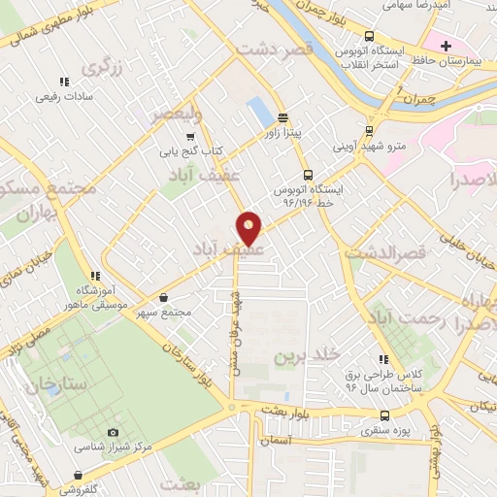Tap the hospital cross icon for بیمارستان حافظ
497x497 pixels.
[446, 46]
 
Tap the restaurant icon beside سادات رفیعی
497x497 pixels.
[64, 83]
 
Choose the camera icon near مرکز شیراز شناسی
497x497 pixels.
[114, 432]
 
